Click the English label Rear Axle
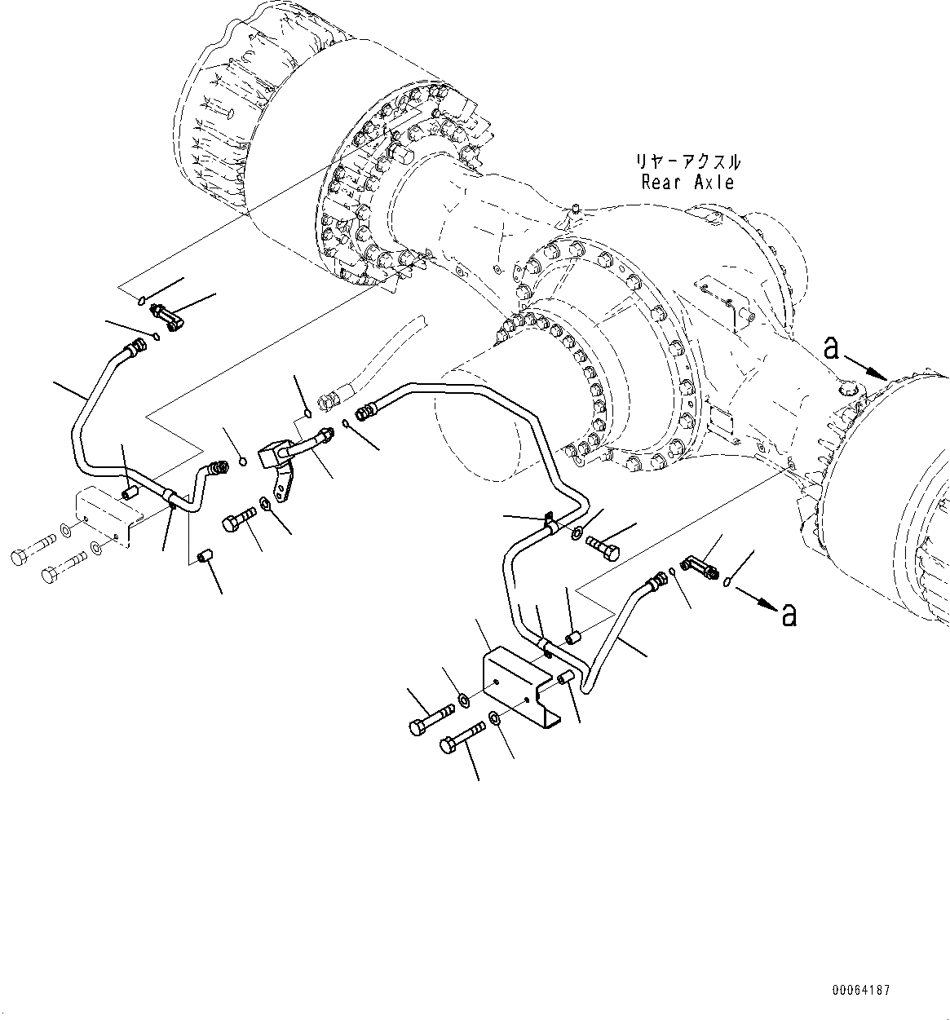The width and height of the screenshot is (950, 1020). (x=687, y=183)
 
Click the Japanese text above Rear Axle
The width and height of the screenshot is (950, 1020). (x=690, y=161)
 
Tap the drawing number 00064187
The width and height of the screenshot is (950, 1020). (x=861, y=991)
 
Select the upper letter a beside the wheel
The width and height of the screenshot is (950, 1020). (x=832, y=349)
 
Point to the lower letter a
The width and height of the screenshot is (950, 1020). (x=789, y=614)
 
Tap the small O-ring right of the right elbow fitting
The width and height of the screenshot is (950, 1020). (x=727, y=581)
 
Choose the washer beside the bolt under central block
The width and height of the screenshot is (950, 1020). (x=267, y=504)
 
